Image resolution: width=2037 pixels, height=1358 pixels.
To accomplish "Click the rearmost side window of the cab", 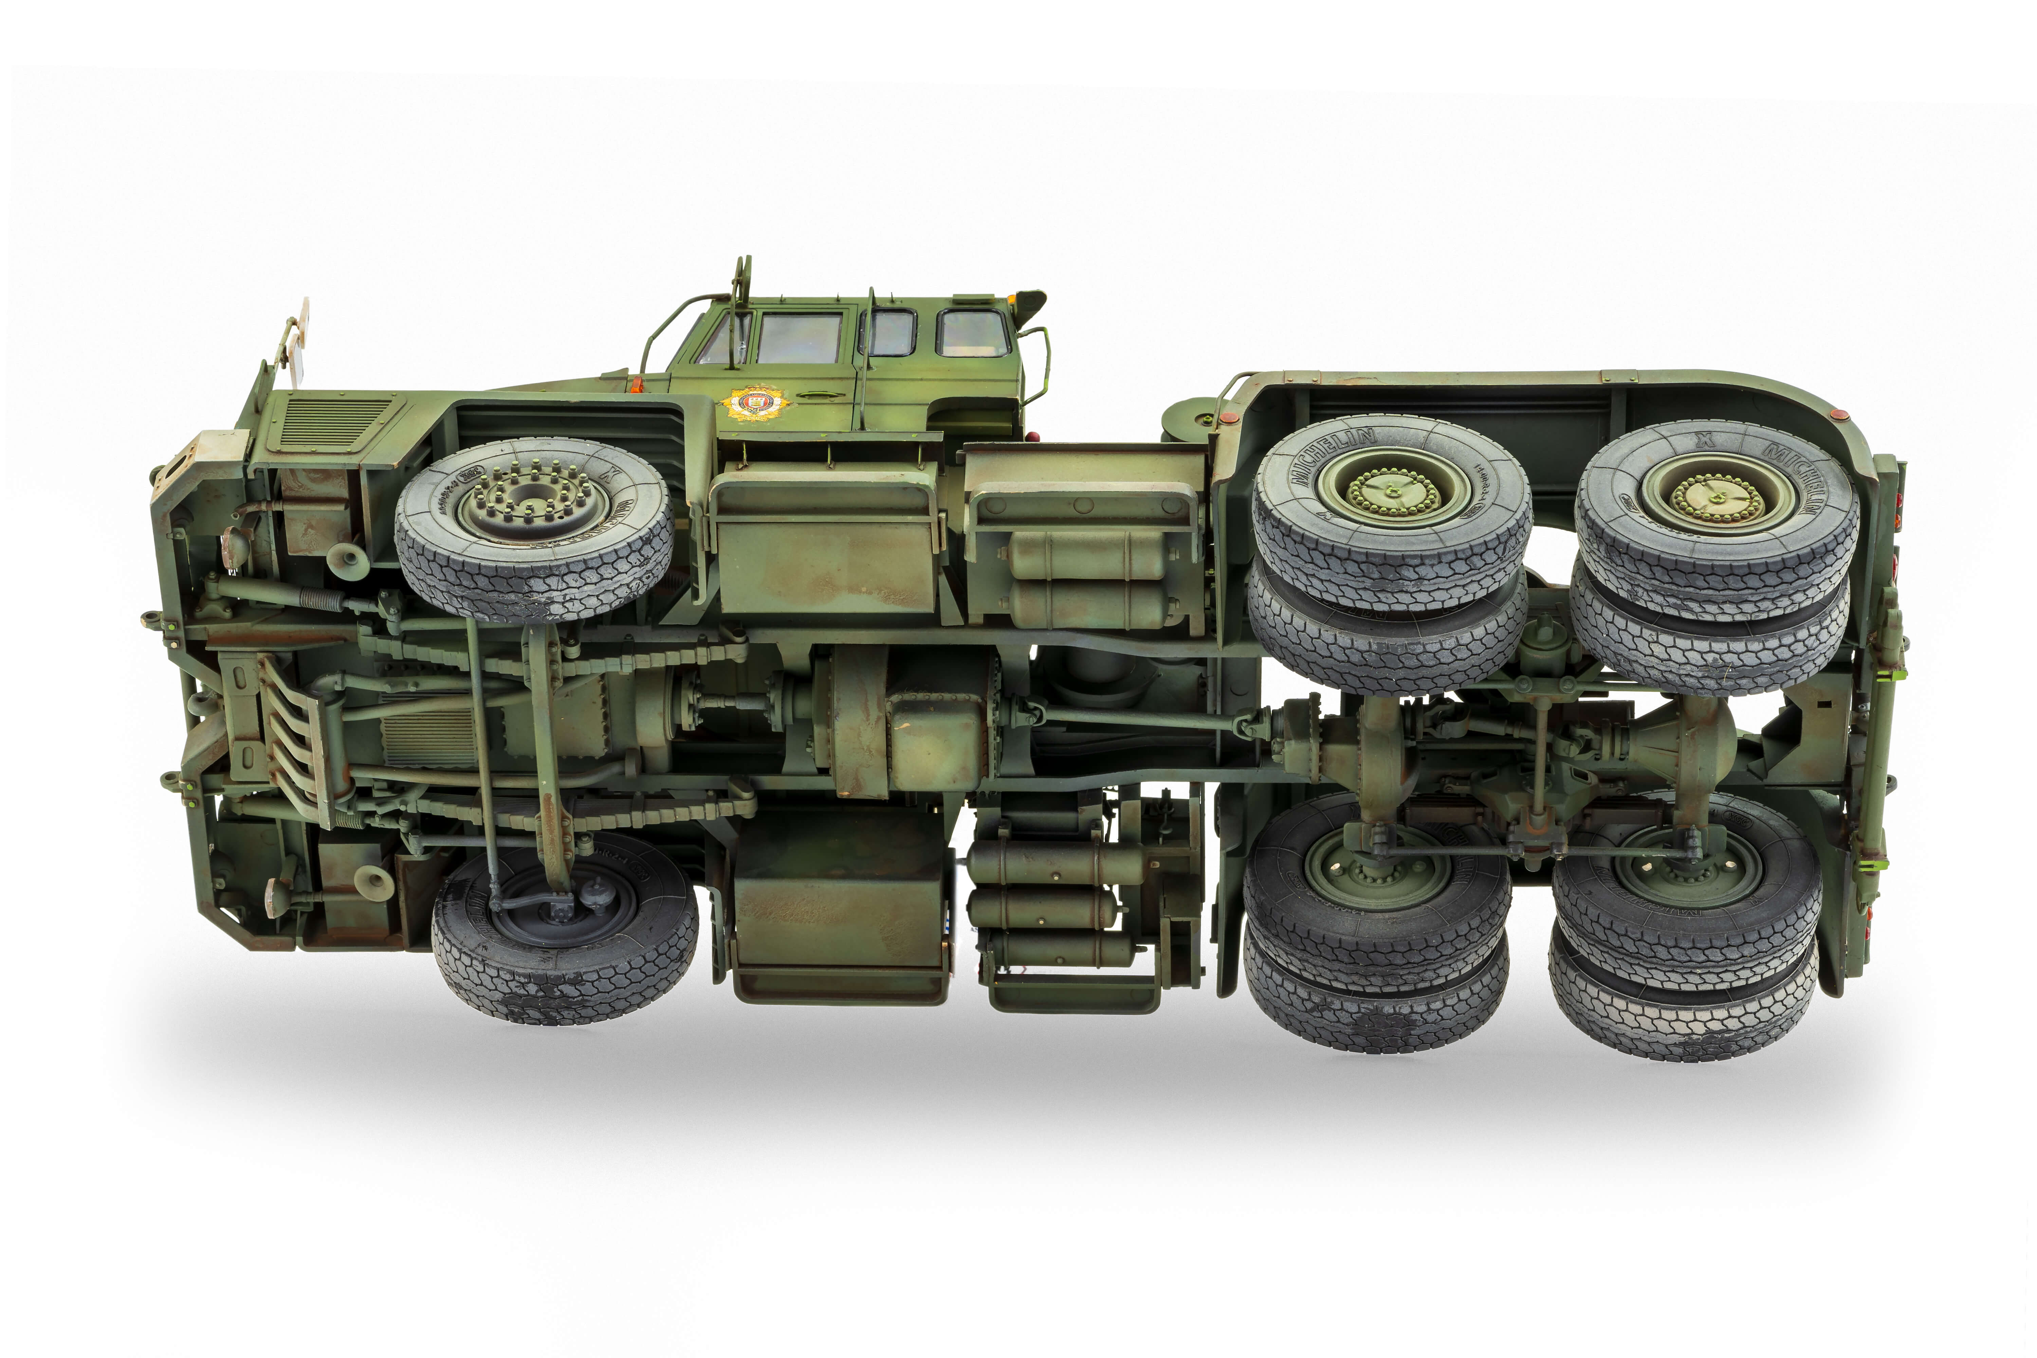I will [x=973, y=333].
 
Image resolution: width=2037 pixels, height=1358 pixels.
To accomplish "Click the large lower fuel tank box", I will [x=838, y=905].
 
